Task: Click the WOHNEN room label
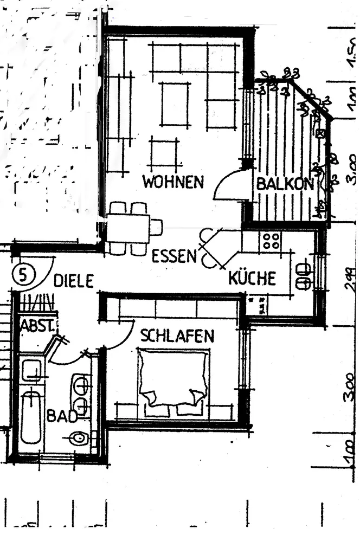pyautogui.click(x=173, y=182)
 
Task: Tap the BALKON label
pyautogui.click(x=285, y=184)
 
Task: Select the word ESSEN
pyautogui.click(x=173, y=256)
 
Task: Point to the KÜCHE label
pyautogui.click(x=252, y=279)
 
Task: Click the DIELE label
pyautogui.click(x=74, y=281)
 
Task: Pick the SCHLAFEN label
pyautogui.click(x=177, y=336)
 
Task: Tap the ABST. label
pyautogui.click(x=36, y=327)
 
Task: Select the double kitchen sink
pyautogui.click(x=303, y=275)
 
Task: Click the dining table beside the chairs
pyautogui.click(x=128, y=228)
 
